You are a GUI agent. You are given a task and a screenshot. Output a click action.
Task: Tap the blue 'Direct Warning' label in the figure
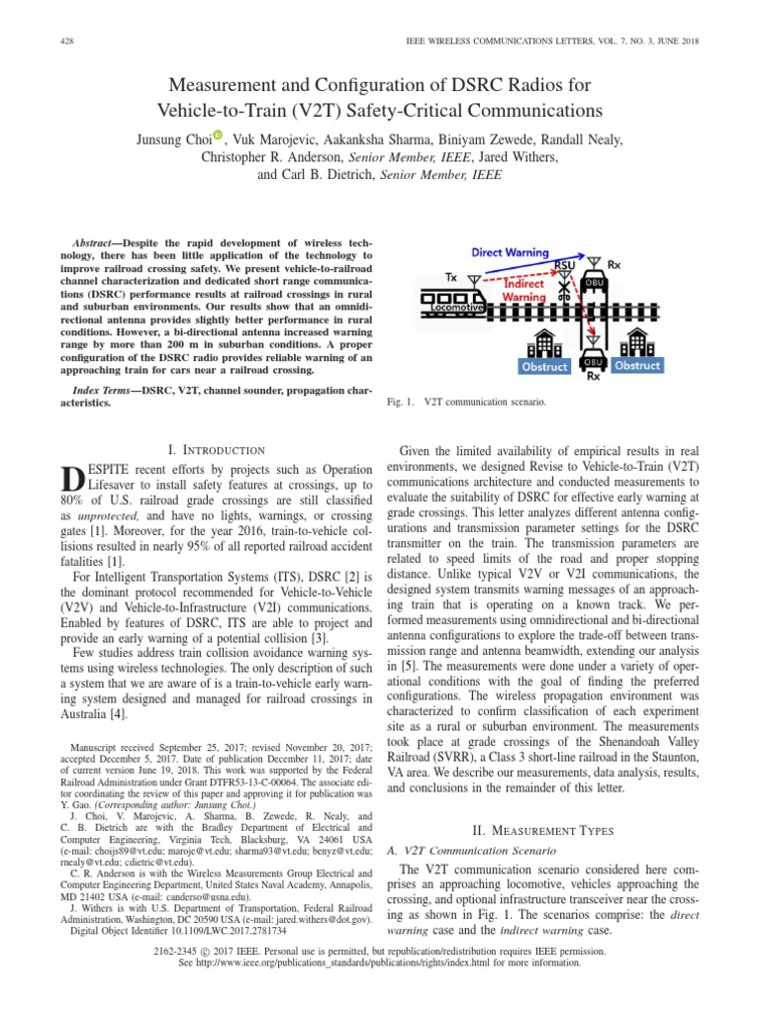[x=510, y=253]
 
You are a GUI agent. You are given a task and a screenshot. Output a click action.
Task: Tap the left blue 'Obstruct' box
[x=545, y=366]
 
